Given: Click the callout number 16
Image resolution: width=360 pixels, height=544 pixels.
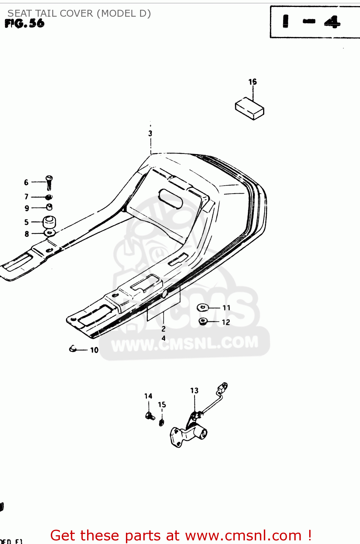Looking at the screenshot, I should pyautogui.click(x=253, y=82).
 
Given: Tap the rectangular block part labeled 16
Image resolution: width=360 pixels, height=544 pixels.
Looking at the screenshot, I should pyautogui.click(x=249, y=108).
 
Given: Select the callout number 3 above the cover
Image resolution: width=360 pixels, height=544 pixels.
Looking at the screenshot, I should pyautogui.click(x=150, y=133).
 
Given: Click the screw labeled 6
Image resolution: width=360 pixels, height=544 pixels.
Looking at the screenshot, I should pyautogui.click(x=49, y=183).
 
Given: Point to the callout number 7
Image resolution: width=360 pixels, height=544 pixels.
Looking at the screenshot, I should pyautogui.click(x=26, y=197).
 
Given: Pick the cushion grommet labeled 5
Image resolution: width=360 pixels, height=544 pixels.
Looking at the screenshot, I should pyautogui.click(x=49, y=222).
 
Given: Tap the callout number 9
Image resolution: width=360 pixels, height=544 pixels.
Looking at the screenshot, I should pyautogui.click(x=26, y=208).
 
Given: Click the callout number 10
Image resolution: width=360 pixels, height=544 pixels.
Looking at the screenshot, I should pyautogui.click(x=94, y=350).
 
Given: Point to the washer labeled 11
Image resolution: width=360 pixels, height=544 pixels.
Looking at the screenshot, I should pyautogui.click(x=202, y=308).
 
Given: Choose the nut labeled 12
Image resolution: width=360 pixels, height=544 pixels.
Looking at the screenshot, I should pyautogui.click(x=203, y=321).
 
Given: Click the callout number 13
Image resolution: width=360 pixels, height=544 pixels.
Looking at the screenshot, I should pyautogui.click(x=195, y=391).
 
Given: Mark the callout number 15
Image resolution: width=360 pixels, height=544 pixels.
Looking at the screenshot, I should pyautogui.click(x=162, y=405).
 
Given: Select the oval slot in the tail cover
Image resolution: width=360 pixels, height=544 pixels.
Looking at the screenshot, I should pyautogui.click(x=171, y=198).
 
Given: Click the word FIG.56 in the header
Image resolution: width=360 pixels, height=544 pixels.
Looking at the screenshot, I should pyautogui.click(x=25, y=24).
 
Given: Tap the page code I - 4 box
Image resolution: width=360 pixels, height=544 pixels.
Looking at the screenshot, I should pyautogui.click(x=311, y=22).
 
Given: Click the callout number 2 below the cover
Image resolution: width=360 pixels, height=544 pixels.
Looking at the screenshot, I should pyautogui.click(x=163, y=329).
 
